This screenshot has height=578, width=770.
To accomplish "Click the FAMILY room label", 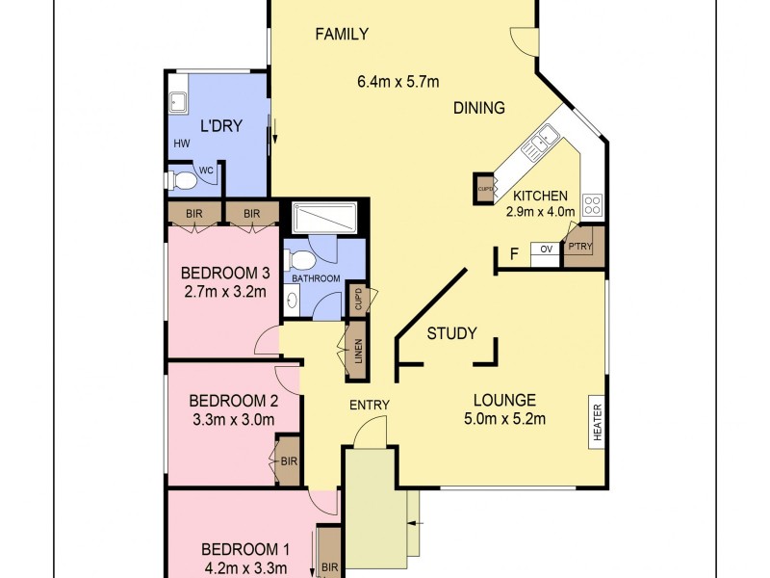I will [342, 35].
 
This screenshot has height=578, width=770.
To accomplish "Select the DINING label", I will [478, 108].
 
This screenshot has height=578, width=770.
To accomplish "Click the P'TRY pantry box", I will [581, 248].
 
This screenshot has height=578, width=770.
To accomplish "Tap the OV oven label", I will [545, 250].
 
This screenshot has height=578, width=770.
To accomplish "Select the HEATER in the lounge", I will [597, 421].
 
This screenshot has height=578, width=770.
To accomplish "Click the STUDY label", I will [451, 334].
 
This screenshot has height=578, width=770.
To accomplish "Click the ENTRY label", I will [370, 405].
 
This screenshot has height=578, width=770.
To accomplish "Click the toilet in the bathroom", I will [300, 258].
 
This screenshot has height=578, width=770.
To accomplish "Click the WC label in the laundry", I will [204, 171].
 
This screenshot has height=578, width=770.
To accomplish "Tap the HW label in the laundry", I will [181, 144].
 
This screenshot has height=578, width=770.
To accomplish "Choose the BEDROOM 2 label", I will [234, 401].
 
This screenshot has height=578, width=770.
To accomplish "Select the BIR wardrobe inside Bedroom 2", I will [289, 461].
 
